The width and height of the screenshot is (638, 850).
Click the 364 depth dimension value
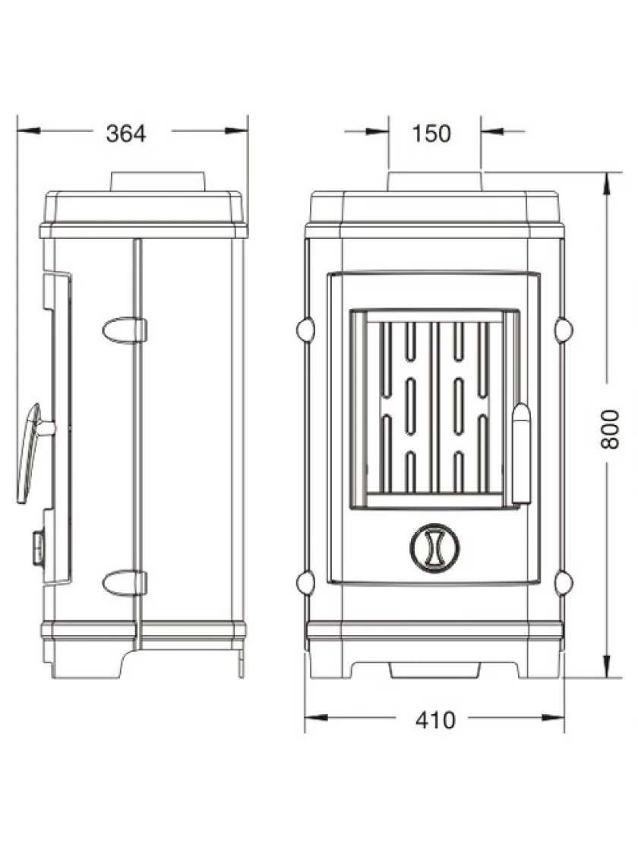pyautogui.click(x=126, y=134)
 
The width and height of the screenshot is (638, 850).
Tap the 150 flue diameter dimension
pyautogui.click(x=431, y=134)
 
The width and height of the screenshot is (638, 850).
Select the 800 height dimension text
pyautogui.click(x=611, y=430)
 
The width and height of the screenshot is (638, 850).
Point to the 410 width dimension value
pyautogui.click(x=436, y=720)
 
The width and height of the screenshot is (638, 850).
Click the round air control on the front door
pyautogui.click(x=434, y=547)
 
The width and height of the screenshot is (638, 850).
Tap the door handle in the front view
pyautogui.click(x=521, y=454)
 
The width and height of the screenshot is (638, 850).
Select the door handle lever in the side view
pyautogui.click(x=30, y=453)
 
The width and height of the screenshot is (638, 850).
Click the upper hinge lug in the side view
pyautogui.click(x=125, y=330)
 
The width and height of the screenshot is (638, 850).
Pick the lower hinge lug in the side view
pyautogui.click(x=125, y=583)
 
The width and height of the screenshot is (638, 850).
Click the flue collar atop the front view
pyautogui.click(x=434, y=181)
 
